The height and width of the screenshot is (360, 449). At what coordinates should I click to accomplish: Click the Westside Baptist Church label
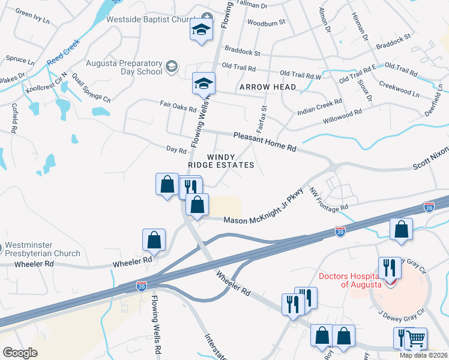148,19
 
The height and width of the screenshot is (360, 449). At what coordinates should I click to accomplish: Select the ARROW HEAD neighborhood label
268,88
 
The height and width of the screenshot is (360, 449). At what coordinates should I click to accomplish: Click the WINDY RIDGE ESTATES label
231,161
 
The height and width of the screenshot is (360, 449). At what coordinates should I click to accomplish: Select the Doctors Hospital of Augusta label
349,280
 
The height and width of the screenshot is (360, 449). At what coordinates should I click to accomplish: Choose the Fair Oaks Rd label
178,106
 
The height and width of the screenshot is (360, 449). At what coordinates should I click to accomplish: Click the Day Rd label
176,148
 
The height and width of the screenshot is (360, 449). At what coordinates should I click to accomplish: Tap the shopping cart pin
415,338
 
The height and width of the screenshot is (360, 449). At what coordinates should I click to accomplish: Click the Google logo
20,353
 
